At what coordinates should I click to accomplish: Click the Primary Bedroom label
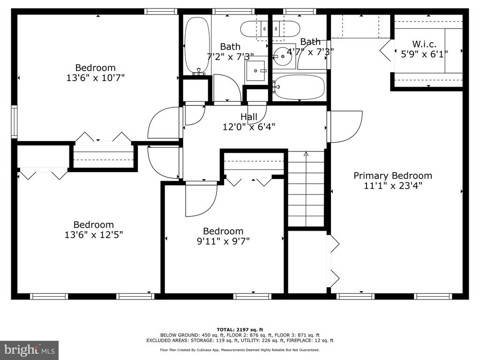393,176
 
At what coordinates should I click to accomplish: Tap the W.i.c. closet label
424,44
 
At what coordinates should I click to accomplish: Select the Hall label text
249,117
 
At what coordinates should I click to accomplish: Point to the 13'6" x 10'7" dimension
96,78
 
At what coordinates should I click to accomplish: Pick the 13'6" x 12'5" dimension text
94,235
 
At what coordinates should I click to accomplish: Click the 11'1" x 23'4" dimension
393,186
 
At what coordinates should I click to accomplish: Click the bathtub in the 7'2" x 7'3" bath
197,45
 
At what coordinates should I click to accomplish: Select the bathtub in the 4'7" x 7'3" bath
299,87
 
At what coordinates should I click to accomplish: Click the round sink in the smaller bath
283,57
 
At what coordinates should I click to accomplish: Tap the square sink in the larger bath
255,71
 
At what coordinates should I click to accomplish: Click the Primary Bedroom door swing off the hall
345,127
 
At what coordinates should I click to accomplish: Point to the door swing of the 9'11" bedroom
201,199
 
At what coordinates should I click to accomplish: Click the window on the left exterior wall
14,121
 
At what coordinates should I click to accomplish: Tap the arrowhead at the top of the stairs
306,154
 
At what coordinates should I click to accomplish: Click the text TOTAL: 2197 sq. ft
240,330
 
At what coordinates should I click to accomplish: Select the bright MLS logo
30,350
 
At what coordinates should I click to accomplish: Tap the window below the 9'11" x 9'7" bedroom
252,296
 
